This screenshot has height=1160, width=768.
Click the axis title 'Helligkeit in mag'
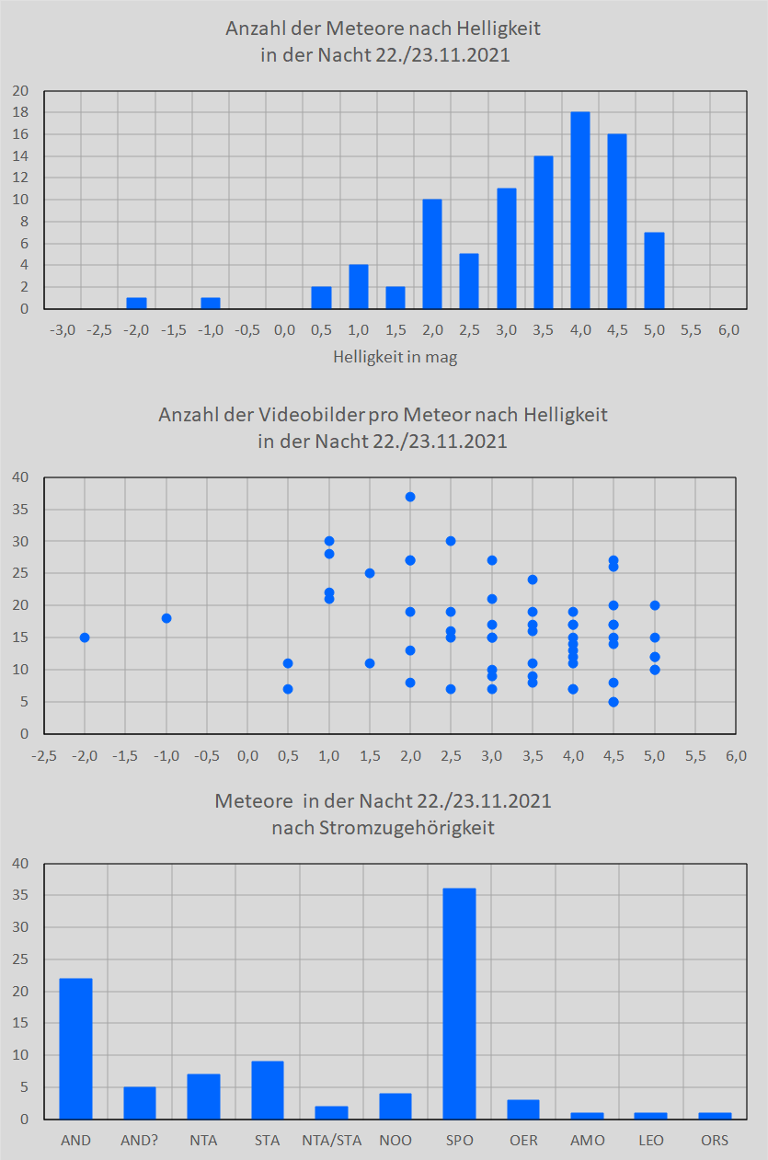(x=395, y=358)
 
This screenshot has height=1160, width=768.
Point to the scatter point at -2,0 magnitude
(x=85, y=637)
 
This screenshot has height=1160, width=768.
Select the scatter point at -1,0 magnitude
(x=166, y=618)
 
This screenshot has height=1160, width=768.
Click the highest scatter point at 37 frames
(x=410, y=497)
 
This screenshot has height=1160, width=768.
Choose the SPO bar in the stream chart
(x=459, y=1004)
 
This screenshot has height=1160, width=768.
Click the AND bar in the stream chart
(x=75, y=1049)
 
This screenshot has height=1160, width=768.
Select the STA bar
(x=268, y=1090)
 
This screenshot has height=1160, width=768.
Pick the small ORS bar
(x=715, y=1116)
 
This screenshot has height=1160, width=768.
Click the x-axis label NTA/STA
(x=331, y=1141)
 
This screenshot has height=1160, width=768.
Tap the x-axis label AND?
(x=140, y=1141)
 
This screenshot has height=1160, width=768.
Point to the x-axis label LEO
(x=651, y=1141)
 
